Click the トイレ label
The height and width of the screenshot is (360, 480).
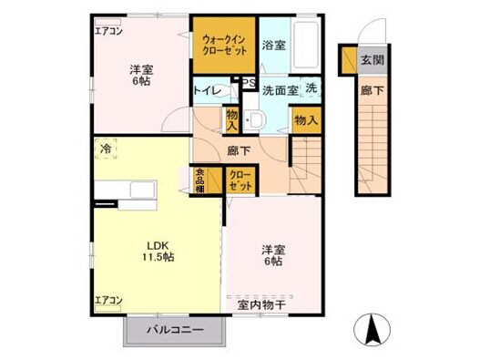204,91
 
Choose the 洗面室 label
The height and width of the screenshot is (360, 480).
281,90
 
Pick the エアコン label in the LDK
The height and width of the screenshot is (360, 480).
109,299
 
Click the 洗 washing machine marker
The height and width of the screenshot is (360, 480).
311,88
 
